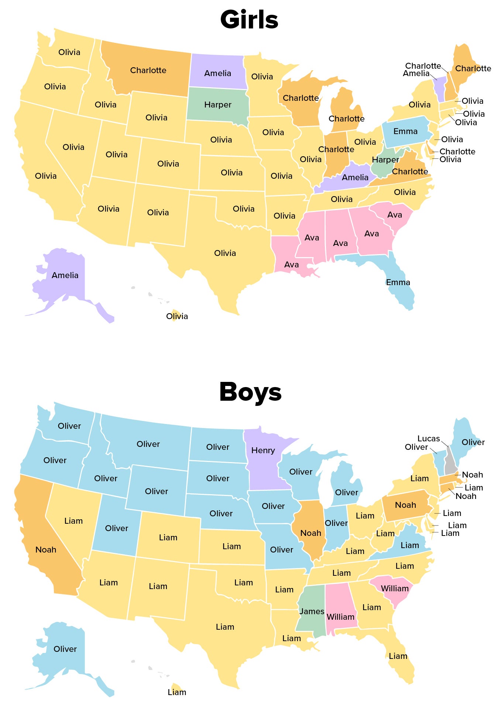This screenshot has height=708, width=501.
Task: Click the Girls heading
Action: [249, 19]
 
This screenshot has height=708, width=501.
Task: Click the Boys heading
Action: [250, 392]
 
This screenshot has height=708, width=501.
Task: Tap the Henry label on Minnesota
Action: [263, 450]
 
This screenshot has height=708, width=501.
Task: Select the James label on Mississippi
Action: [312, 611]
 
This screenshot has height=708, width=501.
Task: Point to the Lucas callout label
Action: [428, 438]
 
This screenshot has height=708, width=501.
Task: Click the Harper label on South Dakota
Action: [217, 105]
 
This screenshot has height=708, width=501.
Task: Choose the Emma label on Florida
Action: [398, 283]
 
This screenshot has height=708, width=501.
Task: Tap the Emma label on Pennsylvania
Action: [405, 131]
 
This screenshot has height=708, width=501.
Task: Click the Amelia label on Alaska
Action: [65, 275]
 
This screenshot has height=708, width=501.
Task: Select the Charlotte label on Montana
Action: [148, 70]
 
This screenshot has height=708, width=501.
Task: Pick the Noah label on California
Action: [46, 550]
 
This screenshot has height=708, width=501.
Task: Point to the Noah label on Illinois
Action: [310, 533]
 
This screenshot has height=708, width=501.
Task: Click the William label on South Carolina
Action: [394, 588]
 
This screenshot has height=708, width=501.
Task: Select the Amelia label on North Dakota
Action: [217, 73]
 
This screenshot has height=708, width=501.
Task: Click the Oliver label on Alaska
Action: [65, 649]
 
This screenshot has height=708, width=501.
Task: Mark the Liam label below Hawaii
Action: [177, 692]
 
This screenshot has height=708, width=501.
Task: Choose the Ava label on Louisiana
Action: [291, 264]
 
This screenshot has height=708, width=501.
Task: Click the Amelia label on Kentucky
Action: [355, 178]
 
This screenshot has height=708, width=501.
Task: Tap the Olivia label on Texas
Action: [225, 253]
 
